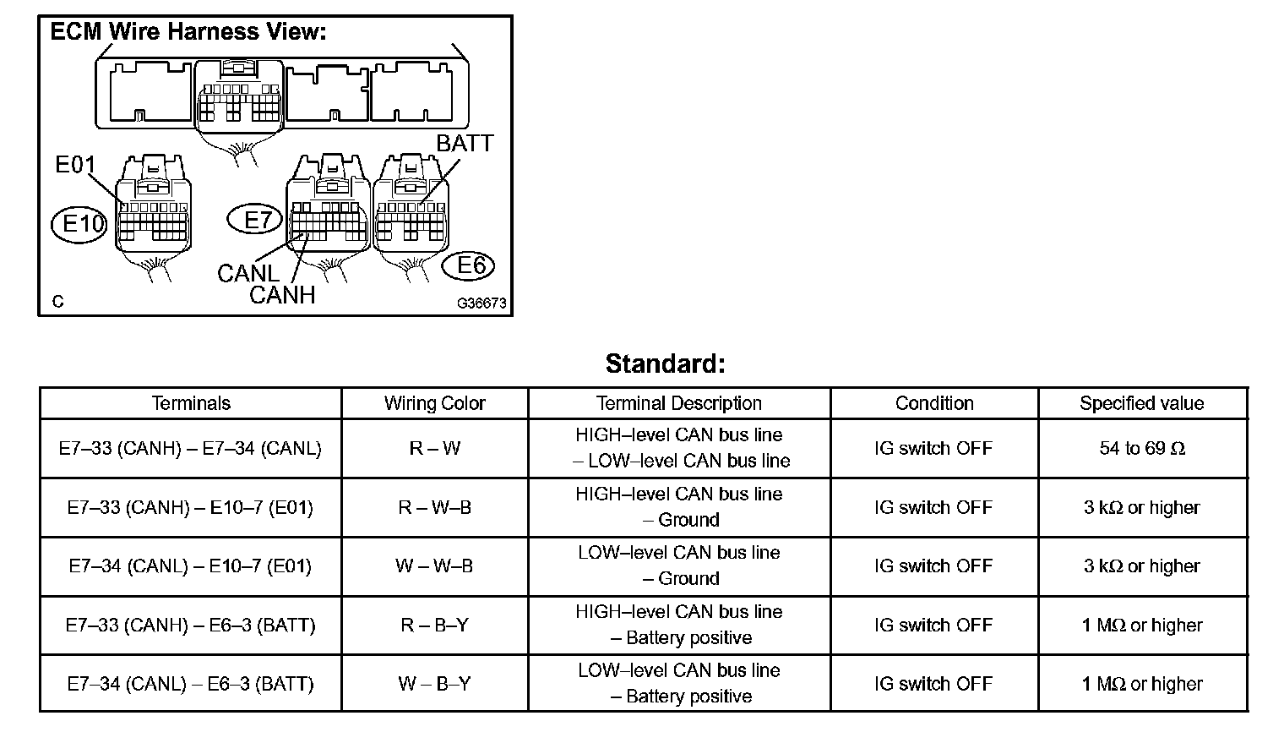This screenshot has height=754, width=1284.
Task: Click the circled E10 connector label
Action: coord(82,223)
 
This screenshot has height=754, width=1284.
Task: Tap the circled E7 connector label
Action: coord(258,221)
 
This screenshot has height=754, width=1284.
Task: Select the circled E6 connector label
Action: coord(471,265)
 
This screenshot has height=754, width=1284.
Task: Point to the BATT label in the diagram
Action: coord(465,144)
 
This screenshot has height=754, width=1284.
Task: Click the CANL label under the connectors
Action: coord(248,273)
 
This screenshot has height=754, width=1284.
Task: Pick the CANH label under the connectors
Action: coord(282,295)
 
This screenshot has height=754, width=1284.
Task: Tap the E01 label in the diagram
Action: coord(75,164)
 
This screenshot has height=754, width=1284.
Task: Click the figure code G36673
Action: coord(481,303)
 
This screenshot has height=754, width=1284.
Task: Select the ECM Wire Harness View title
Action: coord(188,32)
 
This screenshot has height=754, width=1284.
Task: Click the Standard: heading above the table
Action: coord(666,364)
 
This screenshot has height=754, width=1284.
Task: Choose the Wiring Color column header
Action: coord(434,403)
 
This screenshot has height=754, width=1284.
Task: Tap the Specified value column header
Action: coord(1141,403)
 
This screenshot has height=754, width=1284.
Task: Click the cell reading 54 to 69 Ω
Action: coord(1141,448)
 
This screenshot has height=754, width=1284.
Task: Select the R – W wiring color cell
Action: coord(434,448)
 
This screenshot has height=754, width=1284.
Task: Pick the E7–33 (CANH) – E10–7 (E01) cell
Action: coord(190,507)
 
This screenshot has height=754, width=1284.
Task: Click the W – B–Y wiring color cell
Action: coord(434,683)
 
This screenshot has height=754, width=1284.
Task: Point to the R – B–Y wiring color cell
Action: coord(434,625)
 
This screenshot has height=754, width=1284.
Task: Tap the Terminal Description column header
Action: coord(678,403)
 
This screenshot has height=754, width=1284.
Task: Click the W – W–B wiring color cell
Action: coord(434,565)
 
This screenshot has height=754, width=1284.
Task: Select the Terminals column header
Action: coord(190,403)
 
